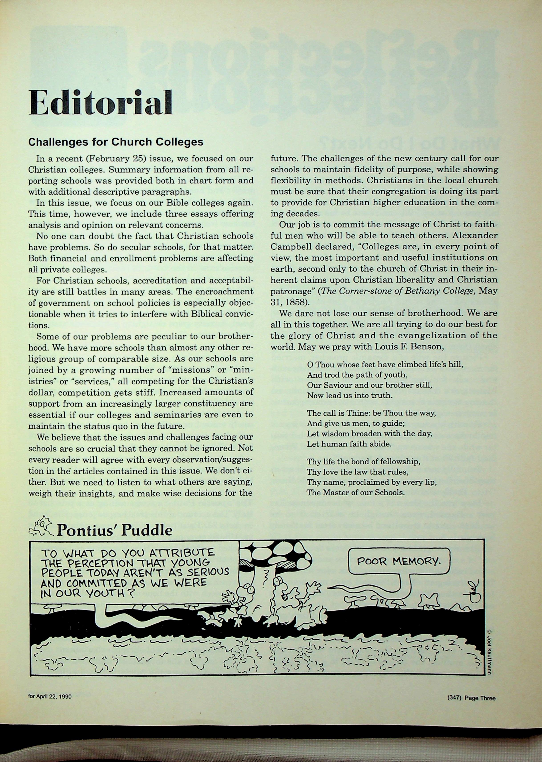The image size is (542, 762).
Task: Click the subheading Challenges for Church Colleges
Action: pyautogui.click(x=116, y=142)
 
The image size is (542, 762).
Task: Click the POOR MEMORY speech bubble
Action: pyautogui.click(x=398, y=561)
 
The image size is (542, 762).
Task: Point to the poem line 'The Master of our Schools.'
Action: pyautogui.click(x=356, y=492)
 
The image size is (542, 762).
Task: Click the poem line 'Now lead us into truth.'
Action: pyautogui.click(x=349, y=395)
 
